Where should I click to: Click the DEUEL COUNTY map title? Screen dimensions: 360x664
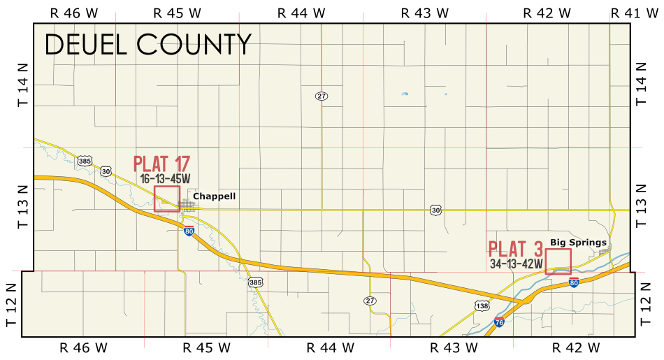(x=147, y=45)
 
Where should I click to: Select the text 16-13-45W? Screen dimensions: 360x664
(x=164, y=179)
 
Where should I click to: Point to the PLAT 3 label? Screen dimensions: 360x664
(x=516, y=249)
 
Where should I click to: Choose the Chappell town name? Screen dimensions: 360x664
(x=214, y=196)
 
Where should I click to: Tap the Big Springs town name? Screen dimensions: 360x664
(x=578, y=243)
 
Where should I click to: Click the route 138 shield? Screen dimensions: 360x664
(x=482, y=305)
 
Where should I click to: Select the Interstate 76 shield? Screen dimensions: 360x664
(x=499, y=322)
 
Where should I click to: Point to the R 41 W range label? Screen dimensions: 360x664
(x=634, y=13)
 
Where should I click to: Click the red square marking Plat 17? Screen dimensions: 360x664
(x=167, y=199)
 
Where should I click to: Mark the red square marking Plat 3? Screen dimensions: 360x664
(x=558, y=261)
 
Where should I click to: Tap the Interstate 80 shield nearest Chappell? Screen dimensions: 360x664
(x=189, y=231)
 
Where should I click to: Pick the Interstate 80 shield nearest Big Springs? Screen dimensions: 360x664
(x=574, y=283)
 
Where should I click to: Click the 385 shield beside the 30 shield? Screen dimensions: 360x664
(x=85, y=161)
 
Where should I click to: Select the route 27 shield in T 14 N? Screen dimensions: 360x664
(x=322, y=96)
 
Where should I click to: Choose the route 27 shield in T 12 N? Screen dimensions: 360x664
(x=370, y=301)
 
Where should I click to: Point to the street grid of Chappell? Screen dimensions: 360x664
(x=188, y=205)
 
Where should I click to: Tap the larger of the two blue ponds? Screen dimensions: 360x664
(x=404, y=94)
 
